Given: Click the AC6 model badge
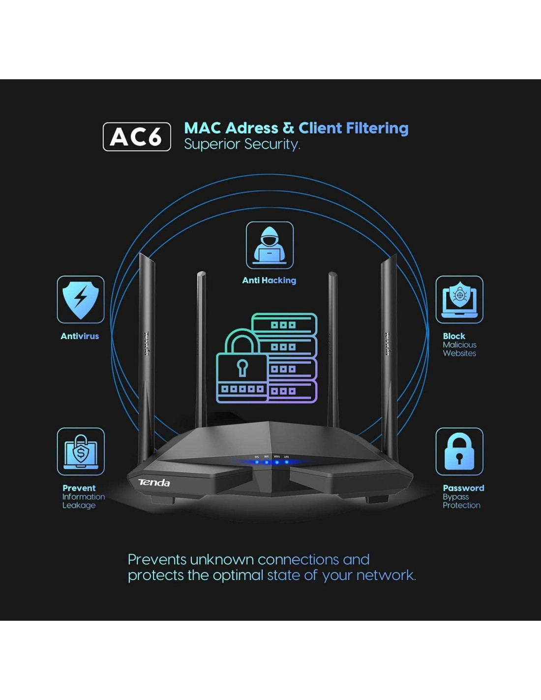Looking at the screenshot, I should pos(137,137).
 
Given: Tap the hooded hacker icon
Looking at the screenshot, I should pos(270,245).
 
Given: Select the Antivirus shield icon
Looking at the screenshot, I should pos(81,299).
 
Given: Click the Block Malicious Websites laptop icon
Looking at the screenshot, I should pos(459,299).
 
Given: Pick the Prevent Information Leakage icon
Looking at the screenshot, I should pos(81,451).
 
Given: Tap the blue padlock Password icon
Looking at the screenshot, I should pos(459,451).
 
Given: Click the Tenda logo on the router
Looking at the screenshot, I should pos(154,482).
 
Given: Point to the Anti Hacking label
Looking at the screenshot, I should pos(269,281).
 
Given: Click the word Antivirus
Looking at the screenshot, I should pos(80,336).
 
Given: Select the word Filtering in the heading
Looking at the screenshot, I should pos(377,128).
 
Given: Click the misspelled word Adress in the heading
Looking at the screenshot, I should pos(252,128).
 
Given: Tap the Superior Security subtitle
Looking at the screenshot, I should pos(241,144).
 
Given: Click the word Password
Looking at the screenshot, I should pos(463,488).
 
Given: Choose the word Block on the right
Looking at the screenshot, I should pos(454,336).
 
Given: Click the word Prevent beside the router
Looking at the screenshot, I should pos(79,488).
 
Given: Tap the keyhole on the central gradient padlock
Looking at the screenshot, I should pos(242,367).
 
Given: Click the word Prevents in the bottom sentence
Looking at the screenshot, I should pos(157,560).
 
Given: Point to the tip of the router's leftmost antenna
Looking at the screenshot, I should pos(141,255).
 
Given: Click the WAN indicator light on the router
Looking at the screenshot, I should pos(277,462).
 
